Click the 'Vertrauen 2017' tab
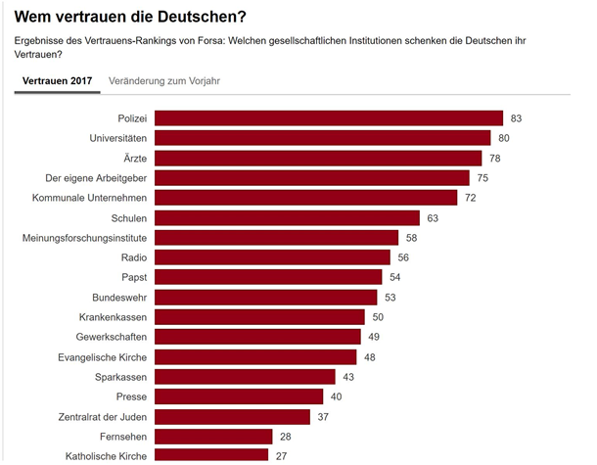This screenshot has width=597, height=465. click(x=57, y=80)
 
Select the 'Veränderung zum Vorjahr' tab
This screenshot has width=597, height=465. click(x=164, y=80)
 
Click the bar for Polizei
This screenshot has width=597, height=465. click(x=329, y=118)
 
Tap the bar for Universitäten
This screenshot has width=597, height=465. click(x=323, y=138)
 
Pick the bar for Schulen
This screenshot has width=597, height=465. click(x=288, y=217)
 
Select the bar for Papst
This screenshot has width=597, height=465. click(x=269, y=277)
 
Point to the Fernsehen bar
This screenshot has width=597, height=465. click(x=214, y=436)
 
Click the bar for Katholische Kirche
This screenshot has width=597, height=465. click(x=211, y=455)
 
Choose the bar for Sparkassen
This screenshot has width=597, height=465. click(x=246, y=376)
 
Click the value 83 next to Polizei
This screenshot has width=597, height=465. click(x=516, y=118)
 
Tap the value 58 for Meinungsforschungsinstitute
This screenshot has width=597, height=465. click(x=411, y=238)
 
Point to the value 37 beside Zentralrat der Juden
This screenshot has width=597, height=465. click(x=323, y=416)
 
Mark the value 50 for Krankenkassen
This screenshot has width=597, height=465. click(x=378, y=317)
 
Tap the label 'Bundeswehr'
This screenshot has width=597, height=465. click(x=119, y=297)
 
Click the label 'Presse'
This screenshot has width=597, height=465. click(x=131, y=396)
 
